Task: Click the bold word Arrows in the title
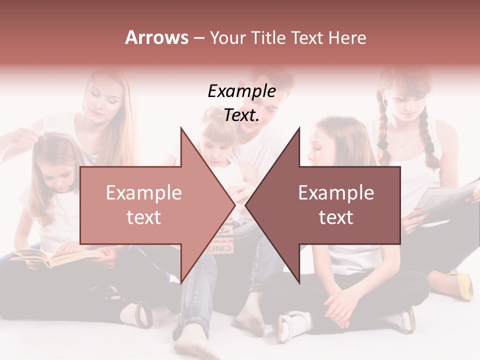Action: point(156,38)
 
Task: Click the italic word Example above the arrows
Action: point(241,91)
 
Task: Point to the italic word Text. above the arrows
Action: point(241,115)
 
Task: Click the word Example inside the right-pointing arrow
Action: point(143,193)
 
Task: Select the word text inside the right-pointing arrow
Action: point(143,217)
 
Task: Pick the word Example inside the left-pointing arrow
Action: point(336,193)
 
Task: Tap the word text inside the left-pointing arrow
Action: point(336,217)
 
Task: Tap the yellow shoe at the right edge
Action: point(465,285)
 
